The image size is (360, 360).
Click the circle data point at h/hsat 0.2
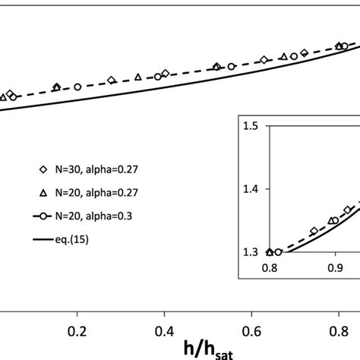pyautogui.click(x=77, y=87)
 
